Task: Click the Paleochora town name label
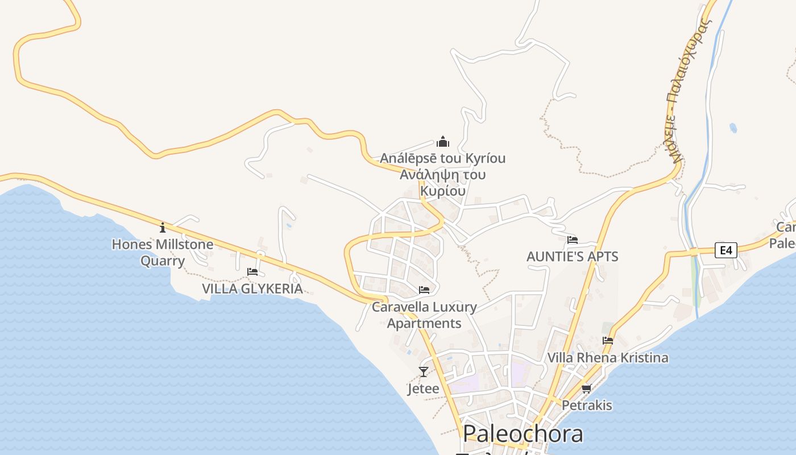[x=523, y=434]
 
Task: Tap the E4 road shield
[x=725, y=250]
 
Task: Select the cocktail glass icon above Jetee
[x=423, y=372]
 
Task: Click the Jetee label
[x=424, y=389]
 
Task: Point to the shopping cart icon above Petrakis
[x=587, y=388]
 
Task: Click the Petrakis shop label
[x=587, y=406]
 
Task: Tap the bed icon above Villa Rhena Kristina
[x=608, y=341]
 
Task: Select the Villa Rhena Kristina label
[x=607, y=358]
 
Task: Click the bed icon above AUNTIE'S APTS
[x=572, y=240]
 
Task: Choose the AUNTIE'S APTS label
[x=572, y=257]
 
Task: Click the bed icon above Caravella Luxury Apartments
[x=424, y=290]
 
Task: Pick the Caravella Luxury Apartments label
[x=424, y=315]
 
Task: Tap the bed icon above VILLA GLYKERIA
[x=252, y=272]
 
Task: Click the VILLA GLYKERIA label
[x=252, y=289]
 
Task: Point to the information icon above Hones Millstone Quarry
[x=163, y=228]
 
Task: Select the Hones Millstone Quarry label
[x=163, y=253]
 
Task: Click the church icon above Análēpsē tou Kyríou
[x=443, y=142]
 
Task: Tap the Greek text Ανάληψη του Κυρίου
[x=442, y=183]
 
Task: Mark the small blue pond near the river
[x=733, y=128]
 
